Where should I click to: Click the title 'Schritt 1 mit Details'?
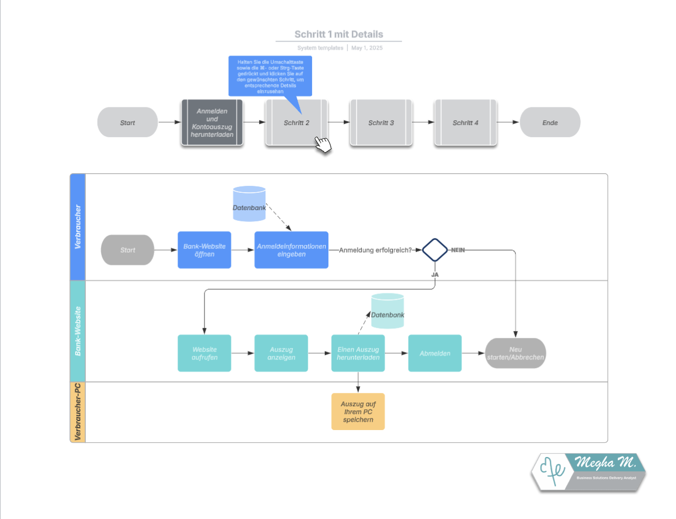tap(339, 34)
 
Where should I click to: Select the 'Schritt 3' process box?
tap(381, 123)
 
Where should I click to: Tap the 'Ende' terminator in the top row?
tap(550, 123)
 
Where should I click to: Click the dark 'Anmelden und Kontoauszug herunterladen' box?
tap(212, 123)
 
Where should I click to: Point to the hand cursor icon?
tap(323, 144)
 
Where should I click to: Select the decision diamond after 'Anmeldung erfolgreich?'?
tap(435, 250)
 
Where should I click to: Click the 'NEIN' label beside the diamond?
tap(458, 250)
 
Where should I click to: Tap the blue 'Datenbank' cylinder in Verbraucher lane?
tap(249, 204)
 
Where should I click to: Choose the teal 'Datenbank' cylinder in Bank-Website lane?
tap(387, 311)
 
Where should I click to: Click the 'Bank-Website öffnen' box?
tap(204, 250)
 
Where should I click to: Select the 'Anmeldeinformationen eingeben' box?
tap(291, 250)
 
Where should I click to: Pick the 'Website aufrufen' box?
tap(204, 353)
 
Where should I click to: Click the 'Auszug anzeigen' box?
tap(281, 353)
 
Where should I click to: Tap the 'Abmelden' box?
tap(435, 353)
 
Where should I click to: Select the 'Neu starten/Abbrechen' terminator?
tap(515, 353)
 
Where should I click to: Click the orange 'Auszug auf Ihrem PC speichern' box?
tap(358, 411)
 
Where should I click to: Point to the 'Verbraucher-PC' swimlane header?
tap(78, 412)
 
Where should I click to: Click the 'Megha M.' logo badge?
tap(589, 471)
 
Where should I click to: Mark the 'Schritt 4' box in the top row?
tap(466, 123)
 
